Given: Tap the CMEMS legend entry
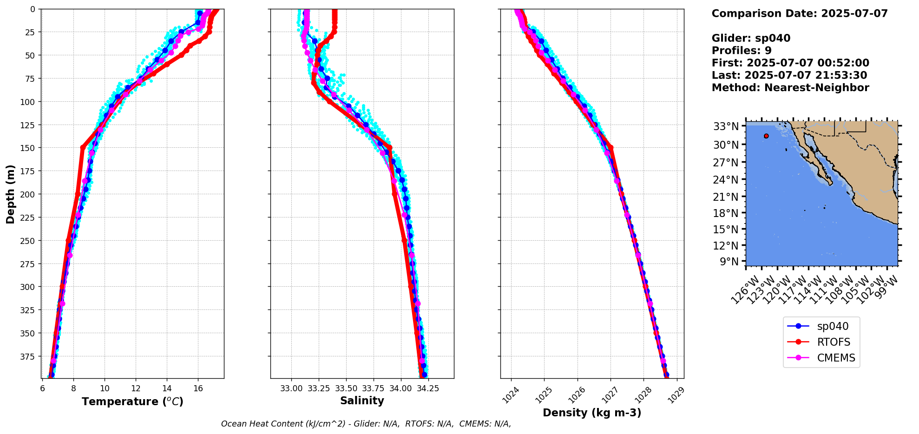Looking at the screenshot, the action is [821, 358].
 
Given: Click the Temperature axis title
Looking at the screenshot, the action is [132, 401].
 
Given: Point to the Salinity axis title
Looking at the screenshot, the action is [362, 401].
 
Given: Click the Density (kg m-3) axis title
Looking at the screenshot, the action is [592, 413].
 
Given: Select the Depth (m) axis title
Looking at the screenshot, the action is [10, 194].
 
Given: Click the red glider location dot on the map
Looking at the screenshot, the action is [766, 136].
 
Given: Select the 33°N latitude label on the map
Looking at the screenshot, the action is [726, 126].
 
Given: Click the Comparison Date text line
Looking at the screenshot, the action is [800, 13].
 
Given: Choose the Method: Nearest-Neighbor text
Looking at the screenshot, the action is [790, 88].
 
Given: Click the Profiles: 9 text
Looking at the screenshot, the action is [742, 51].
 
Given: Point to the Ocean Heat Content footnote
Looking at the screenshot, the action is [366, 424].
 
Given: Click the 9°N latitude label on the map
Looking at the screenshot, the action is [729, 262].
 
